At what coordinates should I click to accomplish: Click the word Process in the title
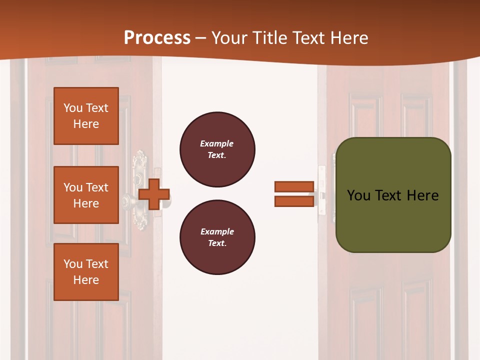pyautogui.click(x=157, y=37)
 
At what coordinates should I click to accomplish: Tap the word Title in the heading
pyautogui.click(x=270, y=37)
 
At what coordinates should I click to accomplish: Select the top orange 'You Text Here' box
pyautogui.click(x=86, y=116)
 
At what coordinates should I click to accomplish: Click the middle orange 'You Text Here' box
pyautogui.click(x=86, y=195)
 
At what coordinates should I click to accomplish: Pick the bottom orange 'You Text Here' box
pyautogui.click(x=86, y=272)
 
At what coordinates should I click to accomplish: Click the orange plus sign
pyautogui.click(x=154, y=194)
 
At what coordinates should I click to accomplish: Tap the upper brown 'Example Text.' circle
pyautogui.click(x=217, y=149)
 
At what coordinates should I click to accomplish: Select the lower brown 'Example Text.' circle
pyautogui.click(x=217, y=237)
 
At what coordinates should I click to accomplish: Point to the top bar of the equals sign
pyautogui.click(x=294, y=187)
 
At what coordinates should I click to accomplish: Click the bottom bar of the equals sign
pyautogui.click(x=294, y=201)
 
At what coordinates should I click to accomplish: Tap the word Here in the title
pyautogui.click(x=348, y=37)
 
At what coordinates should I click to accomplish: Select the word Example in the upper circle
pyautogui.click(x=217, y=143)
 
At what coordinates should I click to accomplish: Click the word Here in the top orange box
pyautogui.click(x=86, y=124)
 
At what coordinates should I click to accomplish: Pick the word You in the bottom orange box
pyautogui.click(x=73, y=264)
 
